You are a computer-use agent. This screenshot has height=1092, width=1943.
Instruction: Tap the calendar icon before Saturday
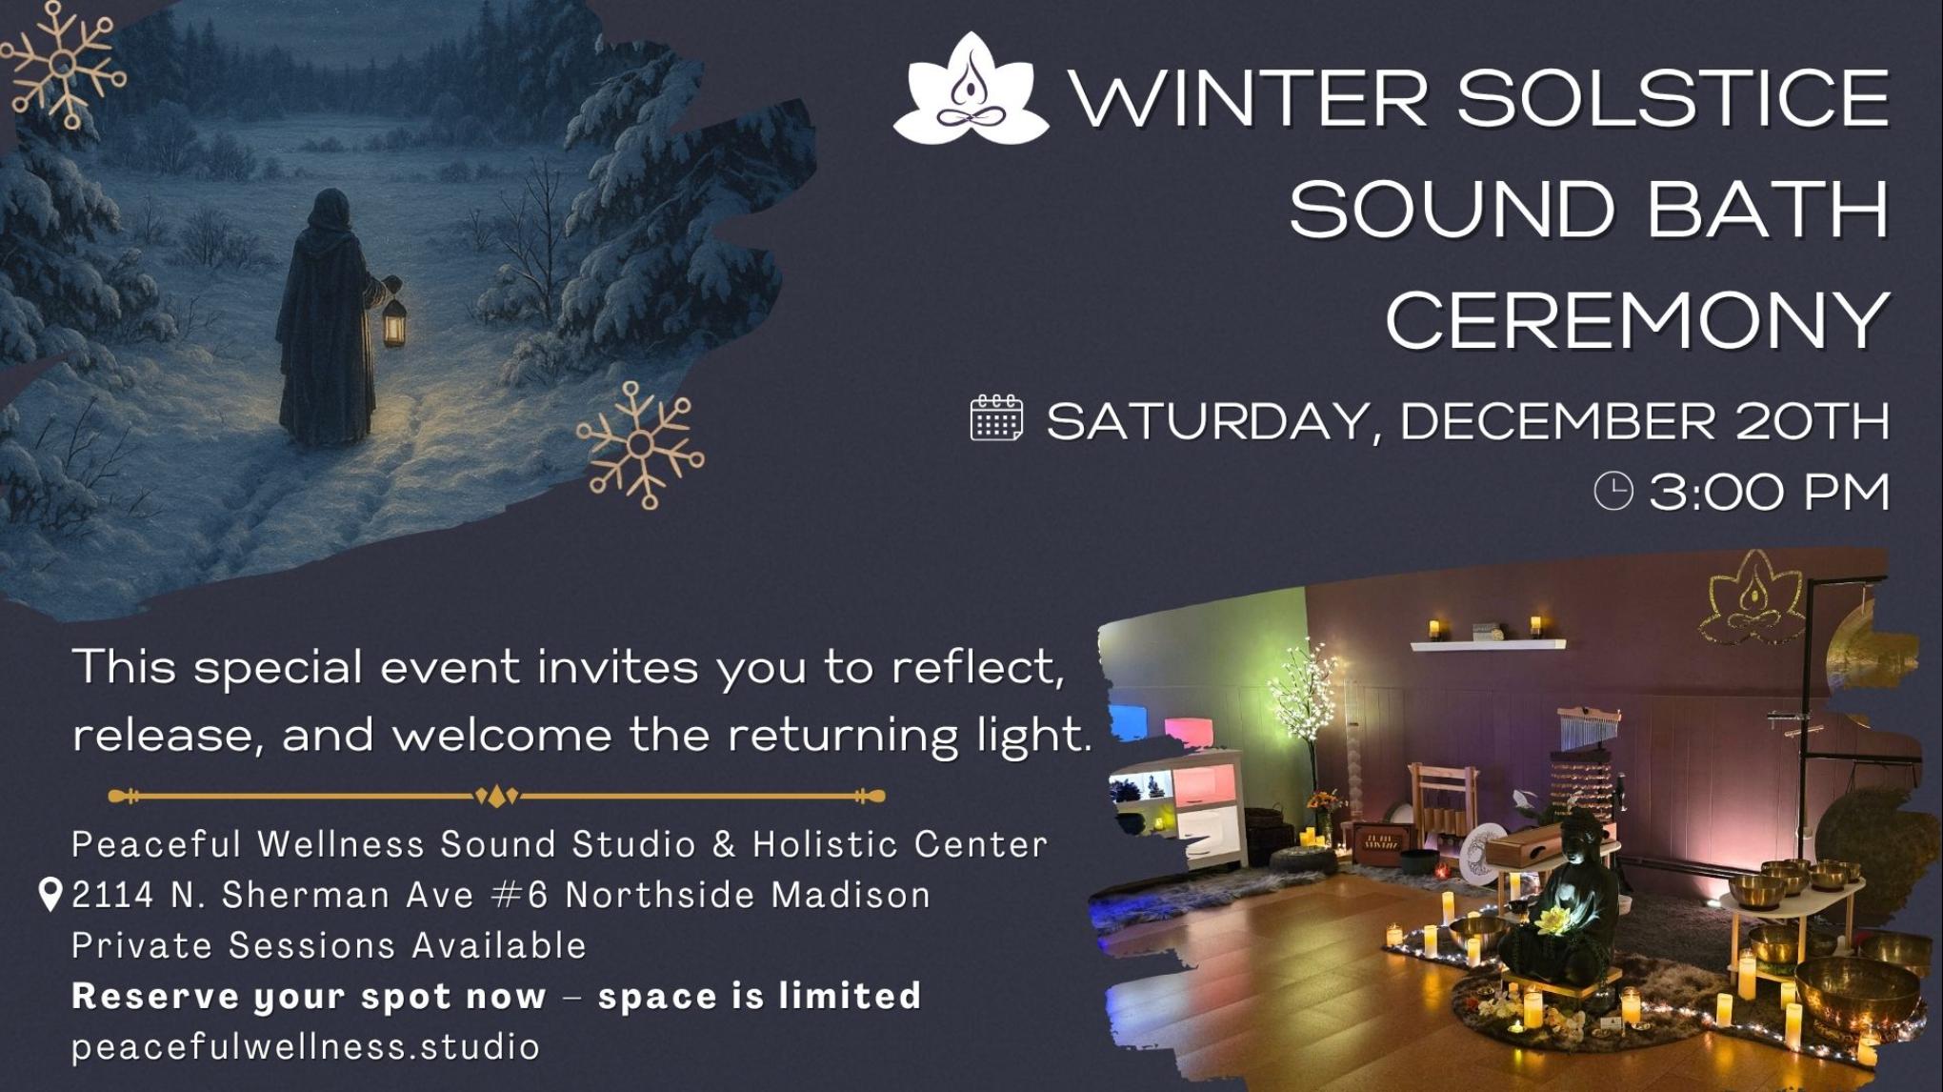(996, 418)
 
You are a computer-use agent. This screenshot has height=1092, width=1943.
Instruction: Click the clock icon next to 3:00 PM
(1613, 492)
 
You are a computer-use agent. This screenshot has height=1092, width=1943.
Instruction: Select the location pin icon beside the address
(50, 895)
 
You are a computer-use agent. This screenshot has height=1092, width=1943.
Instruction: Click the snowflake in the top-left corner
(62, 64)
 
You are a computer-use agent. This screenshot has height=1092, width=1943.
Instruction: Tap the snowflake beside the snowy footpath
(640, 445)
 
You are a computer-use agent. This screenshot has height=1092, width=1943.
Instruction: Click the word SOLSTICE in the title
(1673, 98)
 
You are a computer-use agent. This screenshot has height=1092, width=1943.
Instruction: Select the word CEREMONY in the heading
(1637, 320)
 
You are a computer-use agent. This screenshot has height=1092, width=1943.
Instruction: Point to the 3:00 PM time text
(1769, 493)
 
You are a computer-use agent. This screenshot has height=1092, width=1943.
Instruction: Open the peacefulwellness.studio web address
(306, 1046)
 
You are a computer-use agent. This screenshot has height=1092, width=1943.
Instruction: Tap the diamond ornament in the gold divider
(496, 796)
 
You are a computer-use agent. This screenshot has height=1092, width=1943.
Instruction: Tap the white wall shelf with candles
(1487, 643)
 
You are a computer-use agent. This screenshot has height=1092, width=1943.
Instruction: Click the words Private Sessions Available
(329, 945)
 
